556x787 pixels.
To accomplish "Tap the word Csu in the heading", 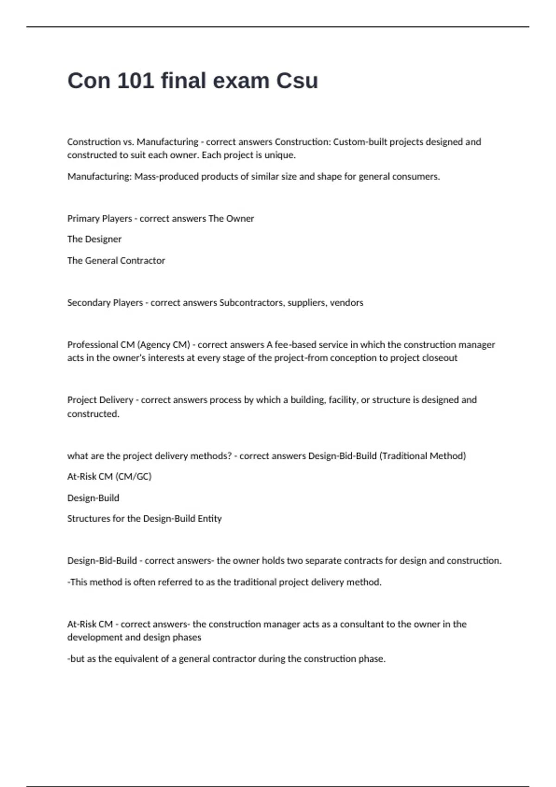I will [297, 81].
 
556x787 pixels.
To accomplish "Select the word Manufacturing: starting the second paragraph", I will [100, 176].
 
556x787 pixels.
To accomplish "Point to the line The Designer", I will [94, 239].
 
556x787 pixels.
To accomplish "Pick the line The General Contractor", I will [116, 261].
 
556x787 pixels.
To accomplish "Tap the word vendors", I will [347, 303].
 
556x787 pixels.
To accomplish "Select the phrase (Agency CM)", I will [164, 345].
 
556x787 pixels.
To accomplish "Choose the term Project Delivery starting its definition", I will [100, 400].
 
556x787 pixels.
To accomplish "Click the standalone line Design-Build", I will [93, 498].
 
